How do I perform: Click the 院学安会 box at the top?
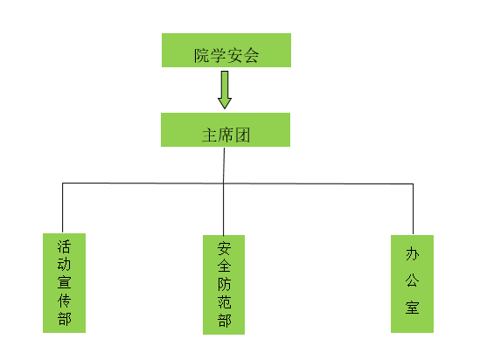[226, 50]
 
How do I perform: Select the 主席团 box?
[226, 129]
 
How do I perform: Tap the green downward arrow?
[225, 90]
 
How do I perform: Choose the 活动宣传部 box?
[65, 283]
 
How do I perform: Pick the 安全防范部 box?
[224, 285]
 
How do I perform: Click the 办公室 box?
[412, 284]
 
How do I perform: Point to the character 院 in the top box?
[202, 56]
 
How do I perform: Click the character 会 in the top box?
[251, 56]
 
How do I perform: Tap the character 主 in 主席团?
[210, 135]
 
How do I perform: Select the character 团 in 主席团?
[242, 135]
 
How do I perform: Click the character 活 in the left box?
[65, 246]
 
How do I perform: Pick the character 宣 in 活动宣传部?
[65, 282]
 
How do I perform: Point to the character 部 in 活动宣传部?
[65, 319]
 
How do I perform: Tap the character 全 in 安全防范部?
[224, 267]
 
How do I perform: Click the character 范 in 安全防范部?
[224, 302]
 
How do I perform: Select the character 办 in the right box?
[413, 254]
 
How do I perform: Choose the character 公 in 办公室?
[413, 280]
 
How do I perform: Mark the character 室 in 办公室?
[413, 308]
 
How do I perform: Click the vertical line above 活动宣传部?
[62, 208]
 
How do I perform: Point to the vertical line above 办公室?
[414, 209]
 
